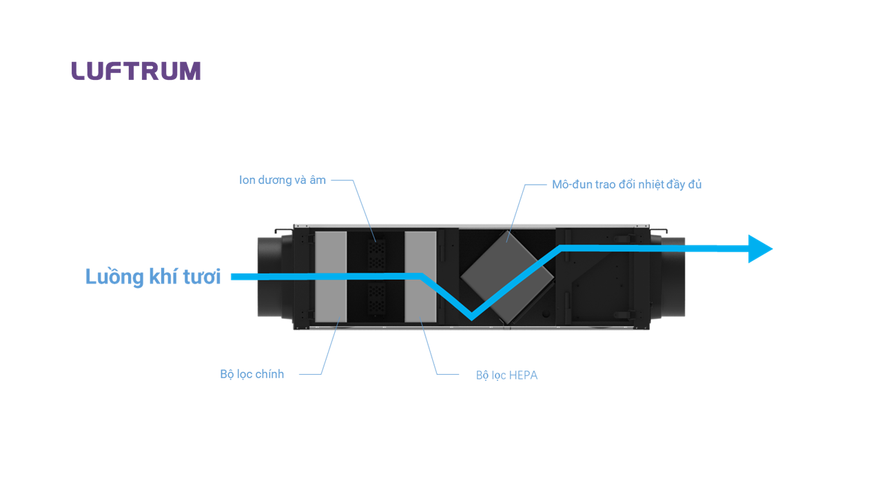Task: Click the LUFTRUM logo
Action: [x=136, y=71]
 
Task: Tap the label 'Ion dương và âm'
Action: [x=283, y=180]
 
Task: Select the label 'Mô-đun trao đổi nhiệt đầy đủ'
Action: [x=626, y=184]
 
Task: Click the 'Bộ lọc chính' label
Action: [x=252, y=374]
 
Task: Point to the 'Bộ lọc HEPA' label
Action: [x=506, y=375]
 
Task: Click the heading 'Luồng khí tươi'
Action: [x=153, y=276]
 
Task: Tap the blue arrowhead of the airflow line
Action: [x=760, y=249]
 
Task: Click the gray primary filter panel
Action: [x=331, y=277]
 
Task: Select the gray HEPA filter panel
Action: [x=420, y=277]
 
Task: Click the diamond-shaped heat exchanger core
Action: [x=507, y=277]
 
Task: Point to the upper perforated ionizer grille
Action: [x=376, y=255]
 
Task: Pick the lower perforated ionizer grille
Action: [x=376, y=298]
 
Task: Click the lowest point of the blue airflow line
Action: [x=472, y=318]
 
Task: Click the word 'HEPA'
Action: [x=523, y=375]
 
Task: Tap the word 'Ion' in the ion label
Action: [x=247, y=180]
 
